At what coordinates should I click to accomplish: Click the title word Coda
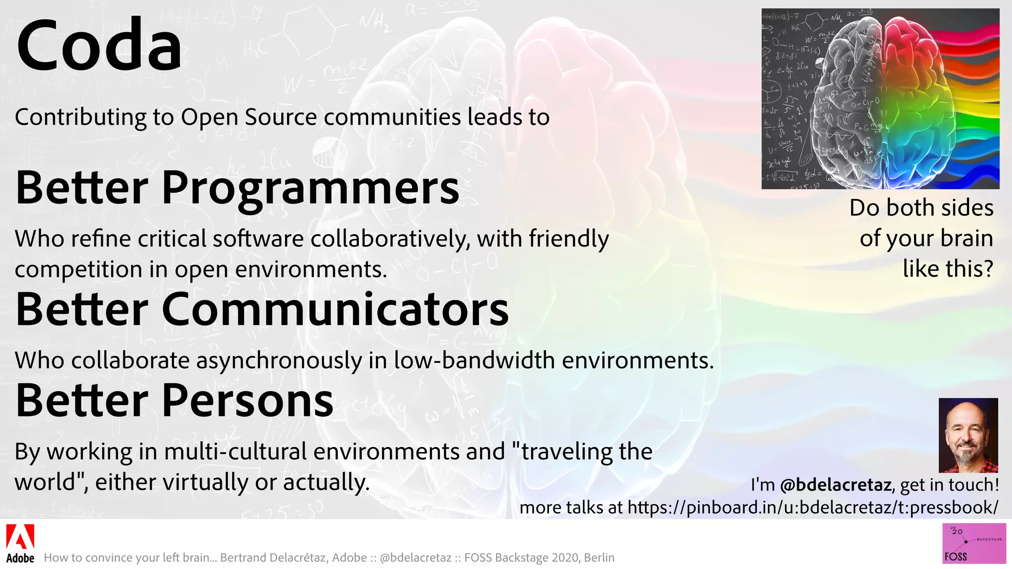[99, 45]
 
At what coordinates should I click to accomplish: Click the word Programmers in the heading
[310, 189]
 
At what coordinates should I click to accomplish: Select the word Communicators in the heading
[335, 310]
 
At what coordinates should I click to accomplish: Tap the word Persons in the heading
[247, 401]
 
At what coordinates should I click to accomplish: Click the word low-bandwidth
[474, 361]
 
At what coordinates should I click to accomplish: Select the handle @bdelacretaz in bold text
[836, 485]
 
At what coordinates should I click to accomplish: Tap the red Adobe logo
[20, 537]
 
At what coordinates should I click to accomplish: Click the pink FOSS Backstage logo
[974, 543]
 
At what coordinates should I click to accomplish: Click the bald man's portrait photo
[968, 435]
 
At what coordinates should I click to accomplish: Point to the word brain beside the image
[967, 238]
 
